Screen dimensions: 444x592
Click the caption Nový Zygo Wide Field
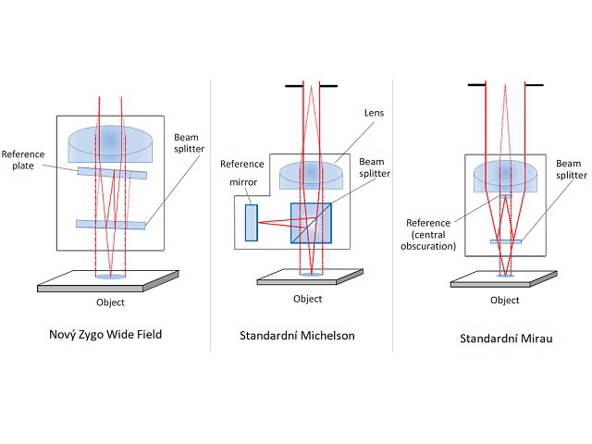105,334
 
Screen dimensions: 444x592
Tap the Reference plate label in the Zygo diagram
23,161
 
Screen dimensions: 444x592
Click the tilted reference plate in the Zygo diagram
112,172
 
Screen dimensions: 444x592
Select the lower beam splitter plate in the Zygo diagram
112,224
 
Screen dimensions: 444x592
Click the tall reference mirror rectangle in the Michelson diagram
251,223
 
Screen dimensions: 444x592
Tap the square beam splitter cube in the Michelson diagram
310,223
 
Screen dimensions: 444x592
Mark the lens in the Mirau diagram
505,177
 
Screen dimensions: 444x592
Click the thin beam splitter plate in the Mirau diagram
505,241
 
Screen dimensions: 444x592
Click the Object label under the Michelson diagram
307,299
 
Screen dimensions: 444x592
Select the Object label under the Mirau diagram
504,300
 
